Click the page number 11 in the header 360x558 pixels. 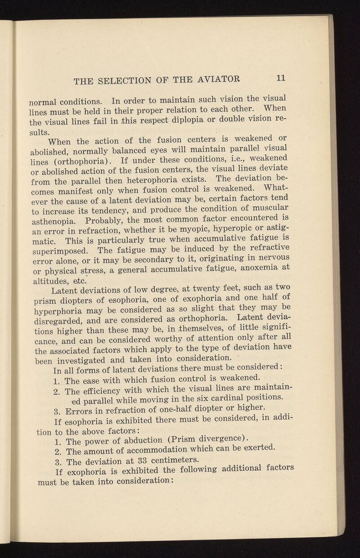[x=281, y=77]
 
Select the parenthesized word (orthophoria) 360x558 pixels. [x=77, y=161]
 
